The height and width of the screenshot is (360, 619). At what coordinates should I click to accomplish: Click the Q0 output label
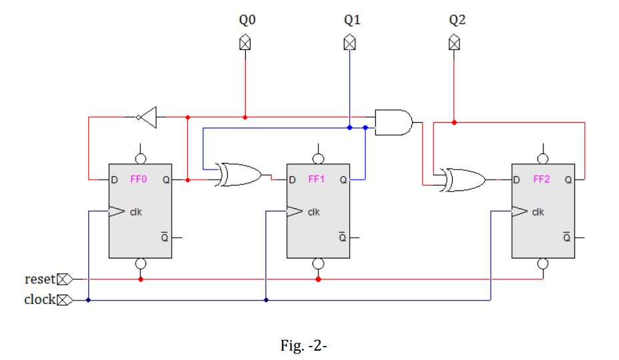coord(247,20)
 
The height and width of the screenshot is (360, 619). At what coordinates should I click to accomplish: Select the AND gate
coord(393,122)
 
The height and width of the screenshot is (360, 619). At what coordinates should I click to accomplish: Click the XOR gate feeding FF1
coord(240,175)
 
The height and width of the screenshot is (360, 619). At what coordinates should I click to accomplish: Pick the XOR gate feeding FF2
coord(464,180)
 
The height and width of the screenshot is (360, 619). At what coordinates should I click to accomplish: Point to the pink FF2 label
coord(542,180)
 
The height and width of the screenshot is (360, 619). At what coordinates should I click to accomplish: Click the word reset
coord(39,279)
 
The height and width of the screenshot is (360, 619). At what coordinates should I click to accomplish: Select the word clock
coord(39,300)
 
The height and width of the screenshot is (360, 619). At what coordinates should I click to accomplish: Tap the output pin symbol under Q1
coord(349,43)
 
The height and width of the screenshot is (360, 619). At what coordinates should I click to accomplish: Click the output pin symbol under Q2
coord(454,43)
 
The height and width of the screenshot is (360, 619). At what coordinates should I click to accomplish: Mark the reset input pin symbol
coord(65,279)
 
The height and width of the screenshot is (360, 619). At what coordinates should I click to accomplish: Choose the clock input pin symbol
coord(65,300)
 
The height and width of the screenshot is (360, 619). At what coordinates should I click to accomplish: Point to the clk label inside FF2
coord(538,212)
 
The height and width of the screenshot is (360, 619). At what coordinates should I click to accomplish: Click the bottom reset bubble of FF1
coord(318,264)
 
